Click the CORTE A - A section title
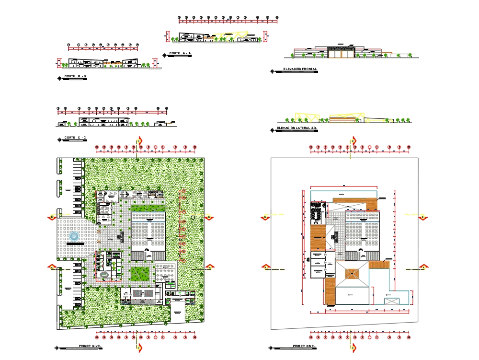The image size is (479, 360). click(181, 53)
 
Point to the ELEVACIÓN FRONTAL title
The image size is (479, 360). click(300, 70)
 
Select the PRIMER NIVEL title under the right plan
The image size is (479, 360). click(305, 346)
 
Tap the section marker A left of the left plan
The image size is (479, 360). click(51, 267)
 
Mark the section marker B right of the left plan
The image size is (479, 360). click(209, 217)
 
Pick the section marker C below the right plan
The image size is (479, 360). click(354, 346)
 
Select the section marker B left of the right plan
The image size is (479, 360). click(265, 217)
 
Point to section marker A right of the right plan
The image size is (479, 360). click(423, 267)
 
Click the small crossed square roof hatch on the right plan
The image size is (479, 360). click(392, 301)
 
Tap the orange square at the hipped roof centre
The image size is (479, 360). click(353, 273)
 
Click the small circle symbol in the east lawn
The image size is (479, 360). click(193, 218)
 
